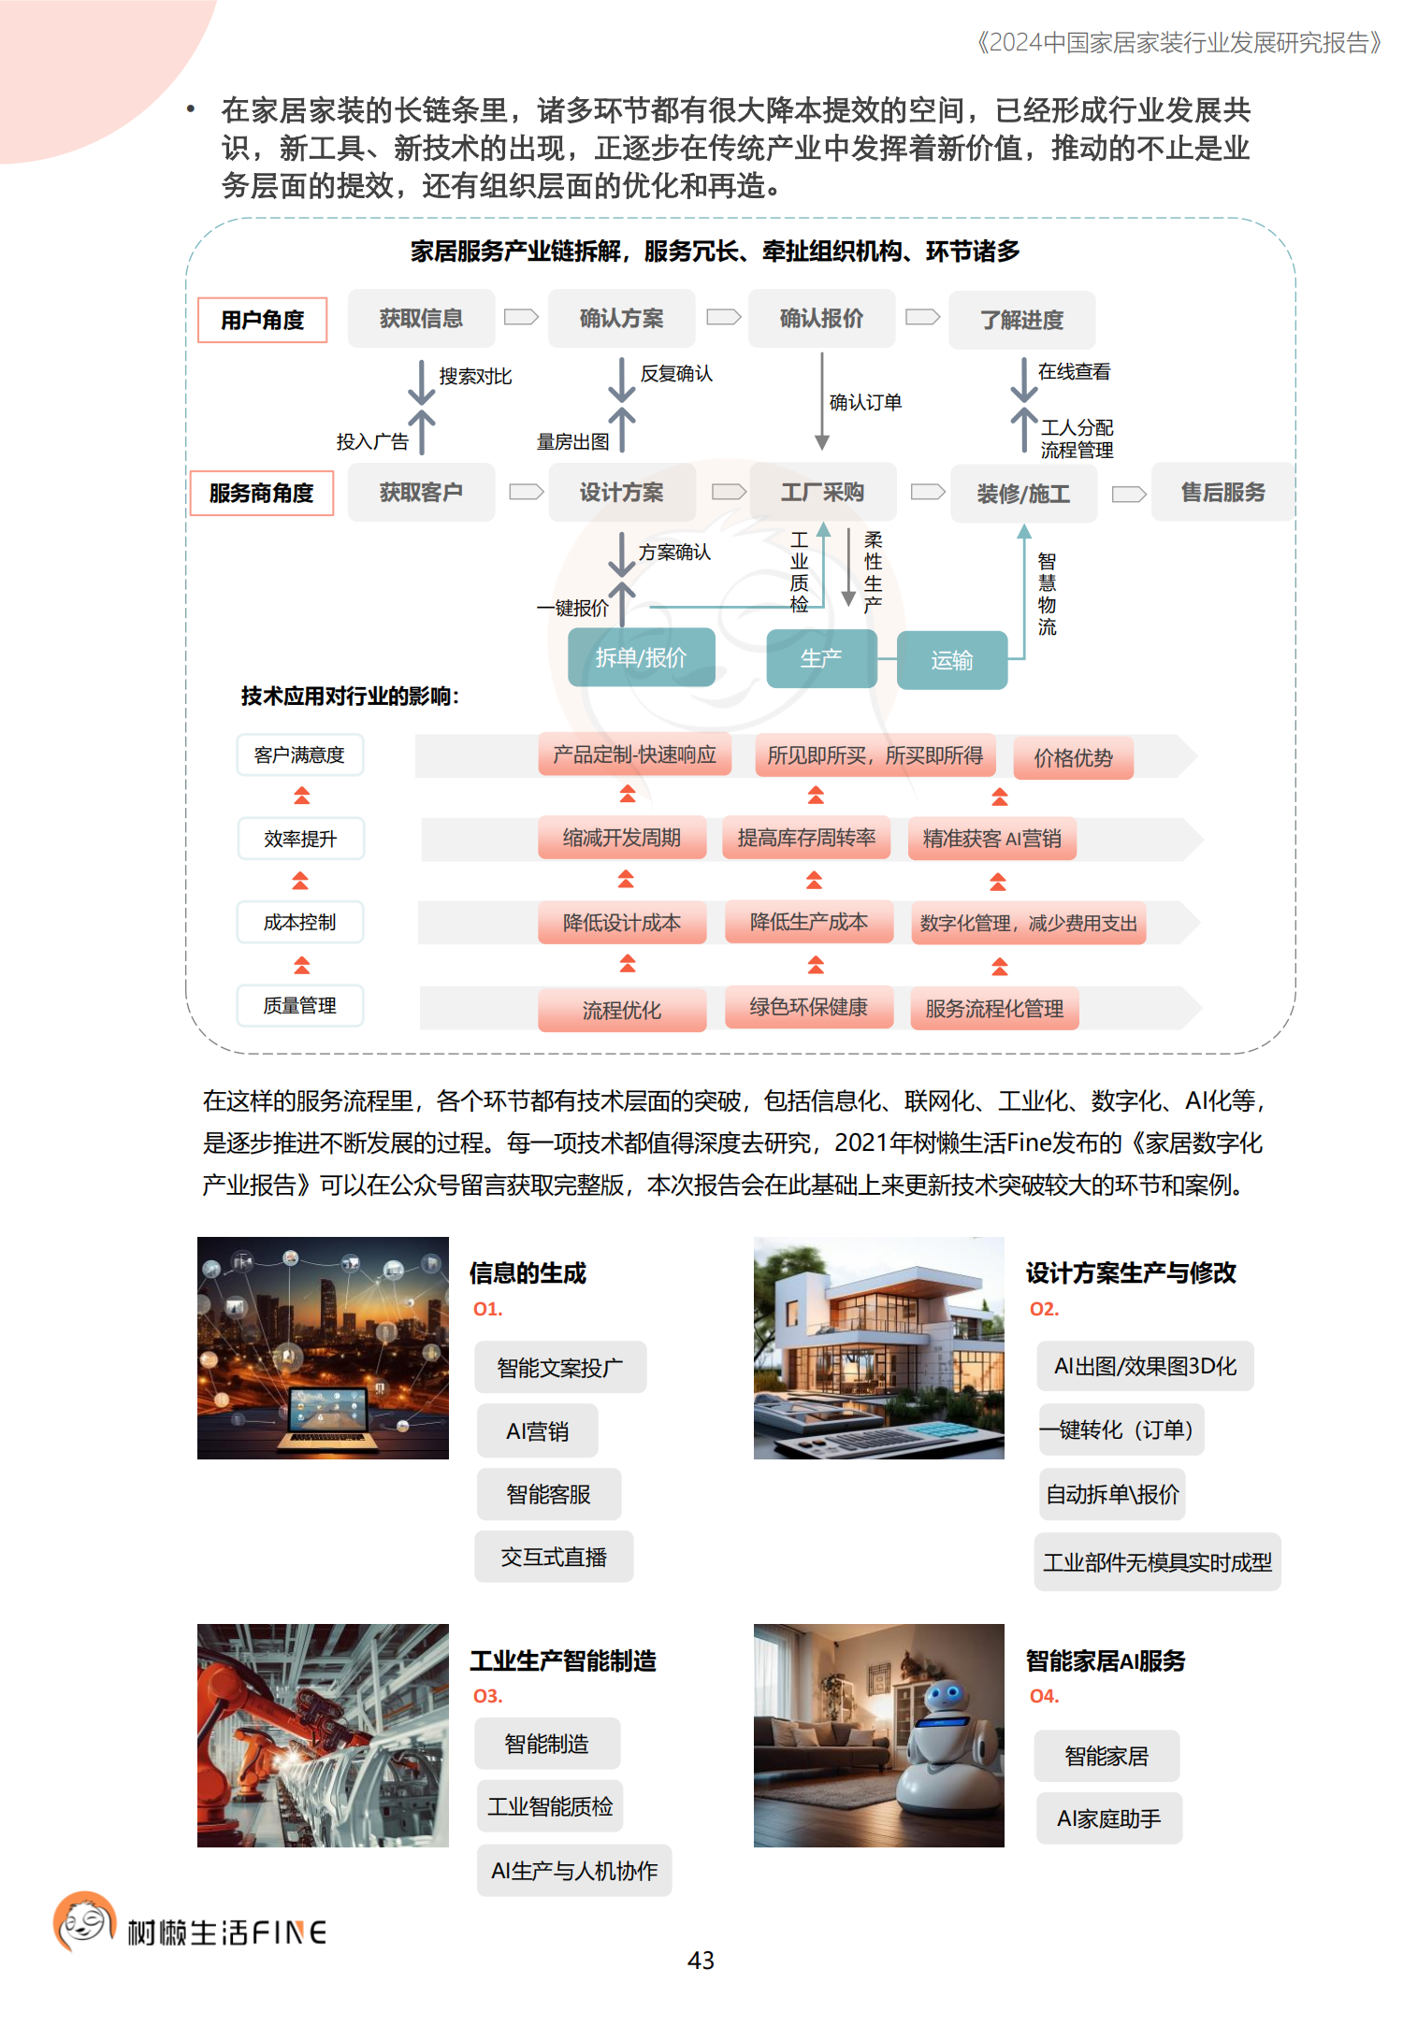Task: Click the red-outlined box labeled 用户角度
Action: coord(262,321)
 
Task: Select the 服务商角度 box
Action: coord(261,493)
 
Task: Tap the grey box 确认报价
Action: coord(821,319)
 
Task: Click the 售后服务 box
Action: coord(1222,493)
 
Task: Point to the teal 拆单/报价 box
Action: coord(641,658)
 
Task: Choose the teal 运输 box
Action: coord(951,660)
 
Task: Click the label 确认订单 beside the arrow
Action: coord(865,403)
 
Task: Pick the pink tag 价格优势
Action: coord(1073,758)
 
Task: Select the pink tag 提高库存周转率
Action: coord(806,838)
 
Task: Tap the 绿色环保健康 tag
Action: coord(808,1007)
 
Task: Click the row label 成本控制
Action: coord(299,923)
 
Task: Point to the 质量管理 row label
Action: coord(299,1006)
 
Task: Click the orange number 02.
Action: coord(1044,1309)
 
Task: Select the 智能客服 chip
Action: coord(548,1494)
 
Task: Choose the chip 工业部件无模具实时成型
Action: coord(1157,1562)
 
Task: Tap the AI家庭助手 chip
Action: coord(1108,1818)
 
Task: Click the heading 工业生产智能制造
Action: coord(563,1660)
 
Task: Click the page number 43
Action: coord(701,1961)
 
